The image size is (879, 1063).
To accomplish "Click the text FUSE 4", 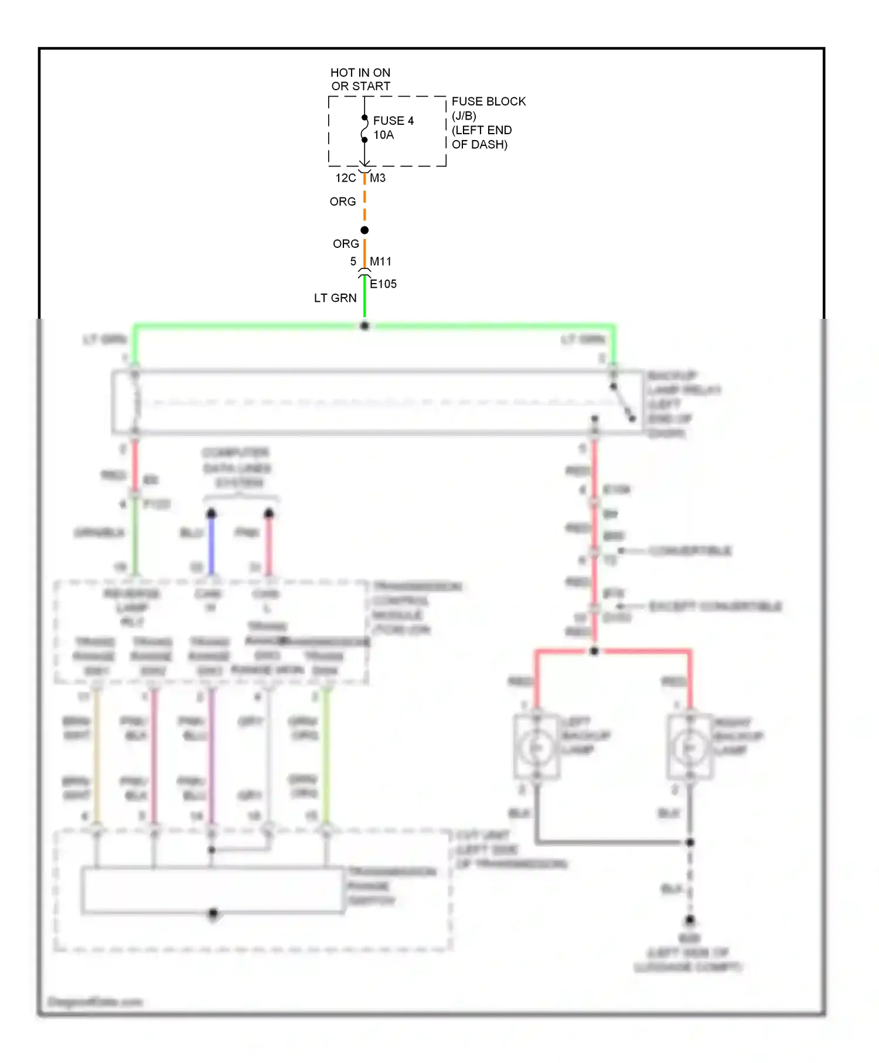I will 393,121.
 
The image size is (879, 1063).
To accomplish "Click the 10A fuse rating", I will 384,135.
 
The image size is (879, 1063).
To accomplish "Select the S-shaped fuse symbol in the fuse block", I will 364,128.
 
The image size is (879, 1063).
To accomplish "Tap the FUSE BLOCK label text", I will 488,101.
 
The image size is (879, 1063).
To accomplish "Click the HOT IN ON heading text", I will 360,73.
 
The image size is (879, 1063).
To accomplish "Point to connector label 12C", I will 345,178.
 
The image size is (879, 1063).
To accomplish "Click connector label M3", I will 378,178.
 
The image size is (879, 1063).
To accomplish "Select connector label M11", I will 380,261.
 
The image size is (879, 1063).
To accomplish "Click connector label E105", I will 383,284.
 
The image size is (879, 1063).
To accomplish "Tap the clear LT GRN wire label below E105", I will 335,298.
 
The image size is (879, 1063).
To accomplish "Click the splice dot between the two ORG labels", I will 364,230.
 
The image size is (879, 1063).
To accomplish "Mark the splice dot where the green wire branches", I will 364,326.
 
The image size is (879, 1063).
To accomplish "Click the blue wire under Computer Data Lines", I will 212,545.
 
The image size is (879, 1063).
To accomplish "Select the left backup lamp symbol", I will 536,748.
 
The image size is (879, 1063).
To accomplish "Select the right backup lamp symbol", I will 690,748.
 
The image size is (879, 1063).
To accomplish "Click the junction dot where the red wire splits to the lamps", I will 594,651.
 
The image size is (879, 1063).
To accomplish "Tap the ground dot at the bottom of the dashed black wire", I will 690,919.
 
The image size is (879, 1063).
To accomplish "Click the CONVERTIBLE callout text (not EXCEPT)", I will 690,551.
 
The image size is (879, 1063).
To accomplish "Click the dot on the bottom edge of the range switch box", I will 213,913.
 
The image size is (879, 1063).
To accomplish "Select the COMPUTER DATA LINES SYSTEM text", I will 237,468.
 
